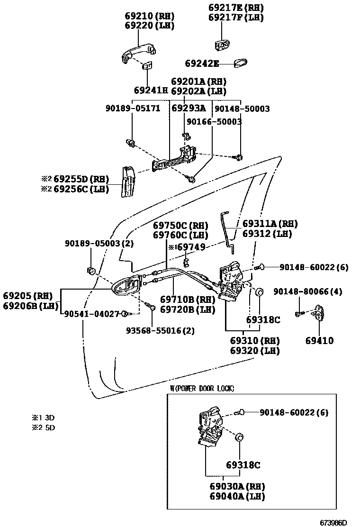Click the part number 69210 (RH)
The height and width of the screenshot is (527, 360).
(x=149, y=15)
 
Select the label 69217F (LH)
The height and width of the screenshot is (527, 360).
(x=236, y=18)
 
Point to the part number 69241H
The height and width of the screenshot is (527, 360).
(x=151, y=90)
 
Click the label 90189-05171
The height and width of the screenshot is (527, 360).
(x=133, y=109)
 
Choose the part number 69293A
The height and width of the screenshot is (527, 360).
(x=188, y=109)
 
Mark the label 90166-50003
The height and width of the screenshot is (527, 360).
(x=214, y=122)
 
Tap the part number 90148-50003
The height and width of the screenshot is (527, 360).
(x=242, y=109)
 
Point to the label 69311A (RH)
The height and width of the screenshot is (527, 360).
(x=270, y=224)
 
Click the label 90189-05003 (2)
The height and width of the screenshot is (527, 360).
(x=99, y=243)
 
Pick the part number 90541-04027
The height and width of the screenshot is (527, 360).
(x=92, y=313)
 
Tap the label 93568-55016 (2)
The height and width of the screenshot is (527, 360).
(x=160, y=330)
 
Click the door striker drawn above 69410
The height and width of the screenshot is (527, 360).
(x=319, y=313)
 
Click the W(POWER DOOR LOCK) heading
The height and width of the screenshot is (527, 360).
(x=202, y=388)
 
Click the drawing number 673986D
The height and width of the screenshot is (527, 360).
(x=333, y=522)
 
